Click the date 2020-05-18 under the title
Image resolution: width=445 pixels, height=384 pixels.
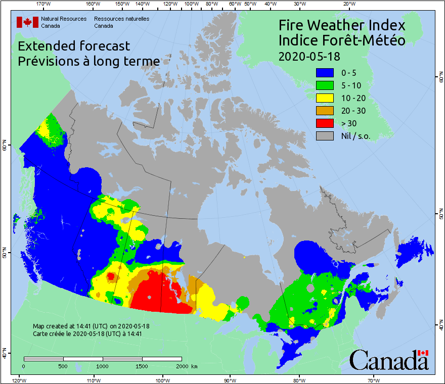(x=309, y=55)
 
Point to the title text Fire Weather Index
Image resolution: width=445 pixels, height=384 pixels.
(x=342, y=25)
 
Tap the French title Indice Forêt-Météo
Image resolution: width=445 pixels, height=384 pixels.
(x=342, y=40)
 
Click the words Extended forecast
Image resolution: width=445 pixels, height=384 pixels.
(x=74, y=46)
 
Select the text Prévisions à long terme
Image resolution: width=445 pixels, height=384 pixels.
(x=89, y=61)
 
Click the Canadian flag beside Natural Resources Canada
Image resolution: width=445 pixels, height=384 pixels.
(x=27, y=22)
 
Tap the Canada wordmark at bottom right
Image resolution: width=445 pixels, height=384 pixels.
(x=388, y=360)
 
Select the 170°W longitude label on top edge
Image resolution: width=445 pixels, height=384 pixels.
(x=44, y=4)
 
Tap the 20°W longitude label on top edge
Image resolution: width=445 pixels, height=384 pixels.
(x=348, y=4)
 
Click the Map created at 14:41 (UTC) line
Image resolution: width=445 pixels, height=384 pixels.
(x=91, y=326)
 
